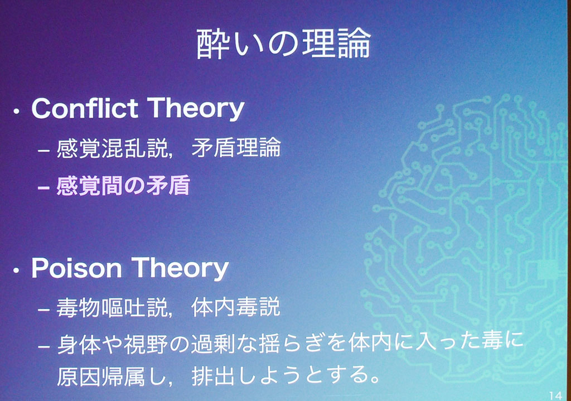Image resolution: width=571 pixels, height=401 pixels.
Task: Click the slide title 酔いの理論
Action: click(283, 44)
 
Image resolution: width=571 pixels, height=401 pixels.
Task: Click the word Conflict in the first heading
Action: click(85, 108)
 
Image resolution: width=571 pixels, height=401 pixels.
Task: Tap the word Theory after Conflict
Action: click(196, 109)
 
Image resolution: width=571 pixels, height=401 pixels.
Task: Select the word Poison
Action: click(76, 268)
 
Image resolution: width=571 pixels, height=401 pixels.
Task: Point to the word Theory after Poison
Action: click(180, 269)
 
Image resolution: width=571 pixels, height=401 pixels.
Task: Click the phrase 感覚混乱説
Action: click(113, 147)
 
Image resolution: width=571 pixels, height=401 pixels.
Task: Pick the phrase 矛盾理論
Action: click(236, 147)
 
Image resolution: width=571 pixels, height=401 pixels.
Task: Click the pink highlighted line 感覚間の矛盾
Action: click(123, 185)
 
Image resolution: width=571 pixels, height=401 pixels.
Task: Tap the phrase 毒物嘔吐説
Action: click(113, 307)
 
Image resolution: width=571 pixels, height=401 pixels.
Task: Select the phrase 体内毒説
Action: click(236, 307)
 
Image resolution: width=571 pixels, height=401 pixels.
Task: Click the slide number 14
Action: click(556, 395)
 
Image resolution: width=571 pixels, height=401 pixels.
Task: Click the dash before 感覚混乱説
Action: click(43, 150)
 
